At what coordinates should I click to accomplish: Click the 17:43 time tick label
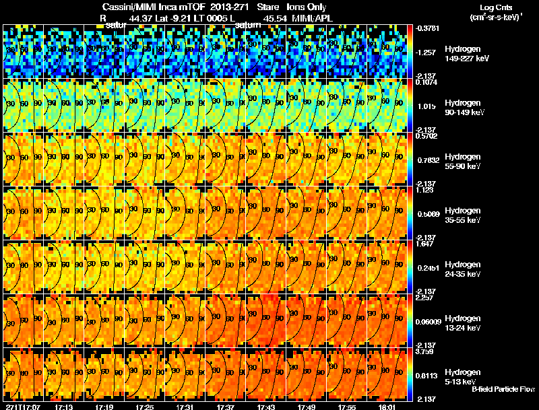tap(265, 407)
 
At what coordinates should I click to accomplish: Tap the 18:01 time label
tap(387, 407)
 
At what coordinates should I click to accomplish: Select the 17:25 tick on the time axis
tap(144, 407)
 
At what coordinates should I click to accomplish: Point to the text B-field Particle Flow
tap(503, 389)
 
